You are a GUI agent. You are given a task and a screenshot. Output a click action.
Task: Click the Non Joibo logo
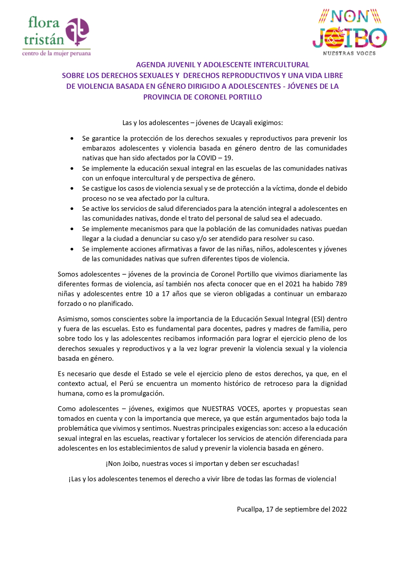tap(350, 32)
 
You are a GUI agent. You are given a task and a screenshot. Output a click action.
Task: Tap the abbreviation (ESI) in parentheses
tap(318, 319)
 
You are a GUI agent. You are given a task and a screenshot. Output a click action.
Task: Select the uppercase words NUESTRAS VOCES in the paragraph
tap(230, 409)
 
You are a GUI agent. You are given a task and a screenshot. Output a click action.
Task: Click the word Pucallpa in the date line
tap(250, 509)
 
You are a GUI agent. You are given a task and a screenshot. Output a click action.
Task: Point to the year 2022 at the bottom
tap(339, 509)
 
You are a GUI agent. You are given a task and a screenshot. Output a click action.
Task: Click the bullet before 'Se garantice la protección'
tap(72, 139)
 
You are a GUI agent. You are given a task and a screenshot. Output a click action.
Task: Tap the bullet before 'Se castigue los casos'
tap(72, 189)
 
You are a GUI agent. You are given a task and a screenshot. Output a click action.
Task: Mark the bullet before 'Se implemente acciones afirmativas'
tap(72, 249)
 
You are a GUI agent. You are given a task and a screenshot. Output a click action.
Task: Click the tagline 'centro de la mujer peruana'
tap(56, 53)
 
